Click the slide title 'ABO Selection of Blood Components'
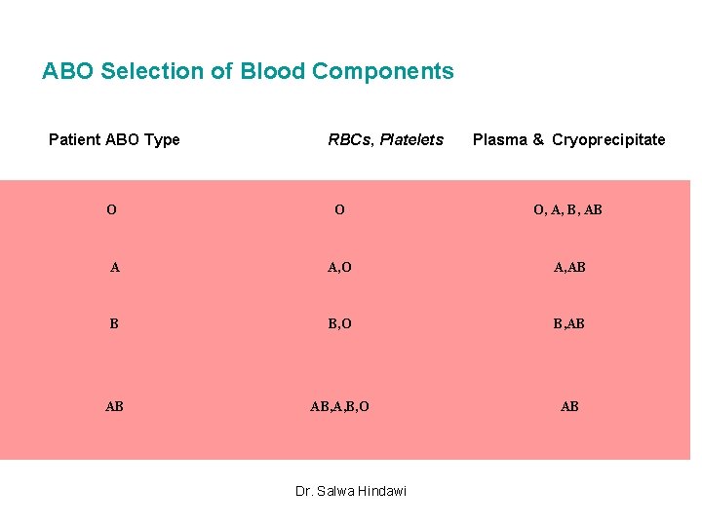pos(248,71)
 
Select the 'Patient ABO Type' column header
pos(114,139)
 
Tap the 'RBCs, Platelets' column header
pos(385,139)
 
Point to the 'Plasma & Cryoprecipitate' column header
pos(568,139)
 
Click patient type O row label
pos(112,209)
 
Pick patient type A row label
pos(115,267)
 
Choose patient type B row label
pos(114,323)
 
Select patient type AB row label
pos(114,406)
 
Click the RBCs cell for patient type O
pos(338,209)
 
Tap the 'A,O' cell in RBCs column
pos(339,267)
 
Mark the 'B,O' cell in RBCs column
pos(339,323)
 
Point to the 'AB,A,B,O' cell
pos(339,406)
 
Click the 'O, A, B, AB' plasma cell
pos(567,209)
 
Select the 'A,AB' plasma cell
pos(569,267)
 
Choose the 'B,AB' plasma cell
pos(569,323)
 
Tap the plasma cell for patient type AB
pos(569,406)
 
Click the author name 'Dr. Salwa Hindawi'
pos(351,490)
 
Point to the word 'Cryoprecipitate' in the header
pos(608,139)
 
